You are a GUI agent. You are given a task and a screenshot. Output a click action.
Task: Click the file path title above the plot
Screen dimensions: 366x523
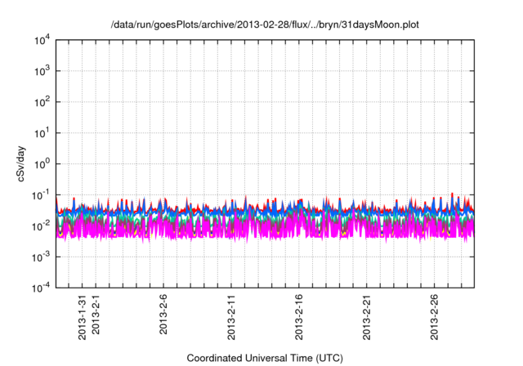[x=263, y=24]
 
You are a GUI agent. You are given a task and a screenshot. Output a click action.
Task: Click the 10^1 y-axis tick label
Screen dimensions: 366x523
[x=41, y=132]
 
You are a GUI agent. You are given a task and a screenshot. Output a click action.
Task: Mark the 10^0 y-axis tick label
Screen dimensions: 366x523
[x=41, y=163]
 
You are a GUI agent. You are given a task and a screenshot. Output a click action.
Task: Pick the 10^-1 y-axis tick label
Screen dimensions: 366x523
[x=41, y=194]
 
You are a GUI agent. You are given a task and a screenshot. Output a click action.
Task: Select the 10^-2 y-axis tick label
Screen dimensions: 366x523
[x=41, y=225]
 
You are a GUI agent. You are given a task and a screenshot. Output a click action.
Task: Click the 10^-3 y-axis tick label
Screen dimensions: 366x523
[x=41, y=257]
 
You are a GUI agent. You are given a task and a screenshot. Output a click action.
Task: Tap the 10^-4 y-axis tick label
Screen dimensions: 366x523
[x=41, y=288]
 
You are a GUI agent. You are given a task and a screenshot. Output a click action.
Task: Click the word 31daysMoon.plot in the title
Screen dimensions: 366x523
[x=373, y=24]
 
